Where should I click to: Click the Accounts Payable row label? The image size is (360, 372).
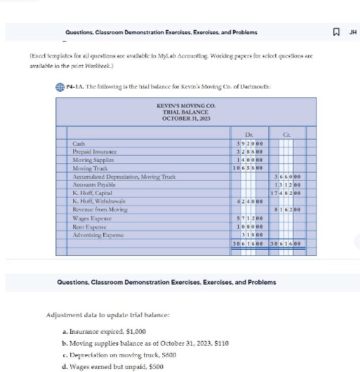tap(93, 185)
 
